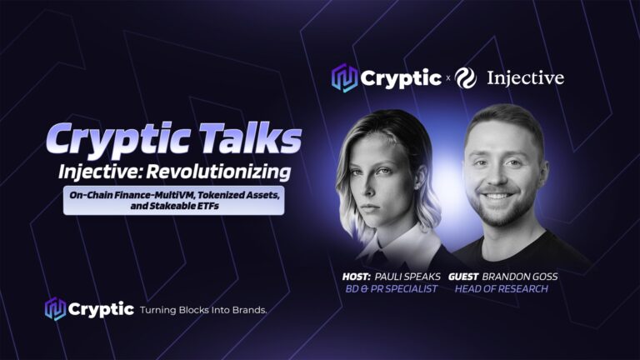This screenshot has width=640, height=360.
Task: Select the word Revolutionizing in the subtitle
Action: click(x=219, y=172)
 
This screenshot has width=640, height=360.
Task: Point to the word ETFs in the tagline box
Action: click(x=208, y=206)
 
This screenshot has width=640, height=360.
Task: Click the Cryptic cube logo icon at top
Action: click(x=344, y=77)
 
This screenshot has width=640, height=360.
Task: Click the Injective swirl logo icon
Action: click(x=466, y=77)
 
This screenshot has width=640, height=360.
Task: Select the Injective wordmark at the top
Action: click(x=526, y=78)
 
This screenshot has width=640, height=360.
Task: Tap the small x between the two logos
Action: click(x=448, y=78)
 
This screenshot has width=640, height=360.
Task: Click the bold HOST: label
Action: click(x=357, y=277)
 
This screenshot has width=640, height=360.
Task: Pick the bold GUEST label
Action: click(x=463, y=277)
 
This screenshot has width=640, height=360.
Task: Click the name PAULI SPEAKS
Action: click(x=407, y=277)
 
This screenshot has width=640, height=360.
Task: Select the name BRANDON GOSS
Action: click(x=520, y=277)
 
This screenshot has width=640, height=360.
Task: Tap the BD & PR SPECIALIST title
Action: click(x=391, y=289)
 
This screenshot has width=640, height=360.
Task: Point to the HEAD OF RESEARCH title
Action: click(x=501, y=289)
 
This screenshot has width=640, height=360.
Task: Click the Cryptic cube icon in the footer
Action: click(x=55, y=309)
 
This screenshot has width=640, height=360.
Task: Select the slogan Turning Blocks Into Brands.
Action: click(x=203, y=310)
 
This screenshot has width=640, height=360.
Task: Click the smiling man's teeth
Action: click(x=497, y=197)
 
